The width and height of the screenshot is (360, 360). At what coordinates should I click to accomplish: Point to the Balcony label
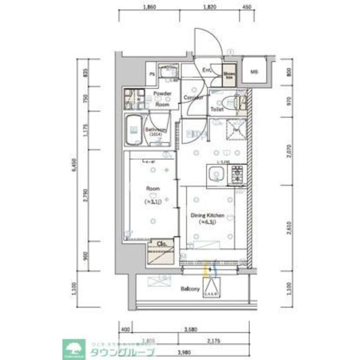click(191, 289)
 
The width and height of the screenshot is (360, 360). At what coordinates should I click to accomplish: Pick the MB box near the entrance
click(254, 71)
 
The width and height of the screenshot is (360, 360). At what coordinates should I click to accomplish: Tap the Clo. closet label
click(160, 244)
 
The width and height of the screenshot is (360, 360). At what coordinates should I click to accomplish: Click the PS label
click(151, 74)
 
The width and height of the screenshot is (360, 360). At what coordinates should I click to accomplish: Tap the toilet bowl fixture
click(229, 101)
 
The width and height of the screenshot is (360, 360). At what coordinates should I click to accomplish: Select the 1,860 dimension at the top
click(148, 8)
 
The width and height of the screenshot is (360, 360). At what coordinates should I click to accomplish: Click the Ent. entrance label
click(206, 71)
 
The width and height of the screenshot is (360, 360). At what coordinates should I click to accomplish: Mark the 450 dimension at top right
click(246, 8)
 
